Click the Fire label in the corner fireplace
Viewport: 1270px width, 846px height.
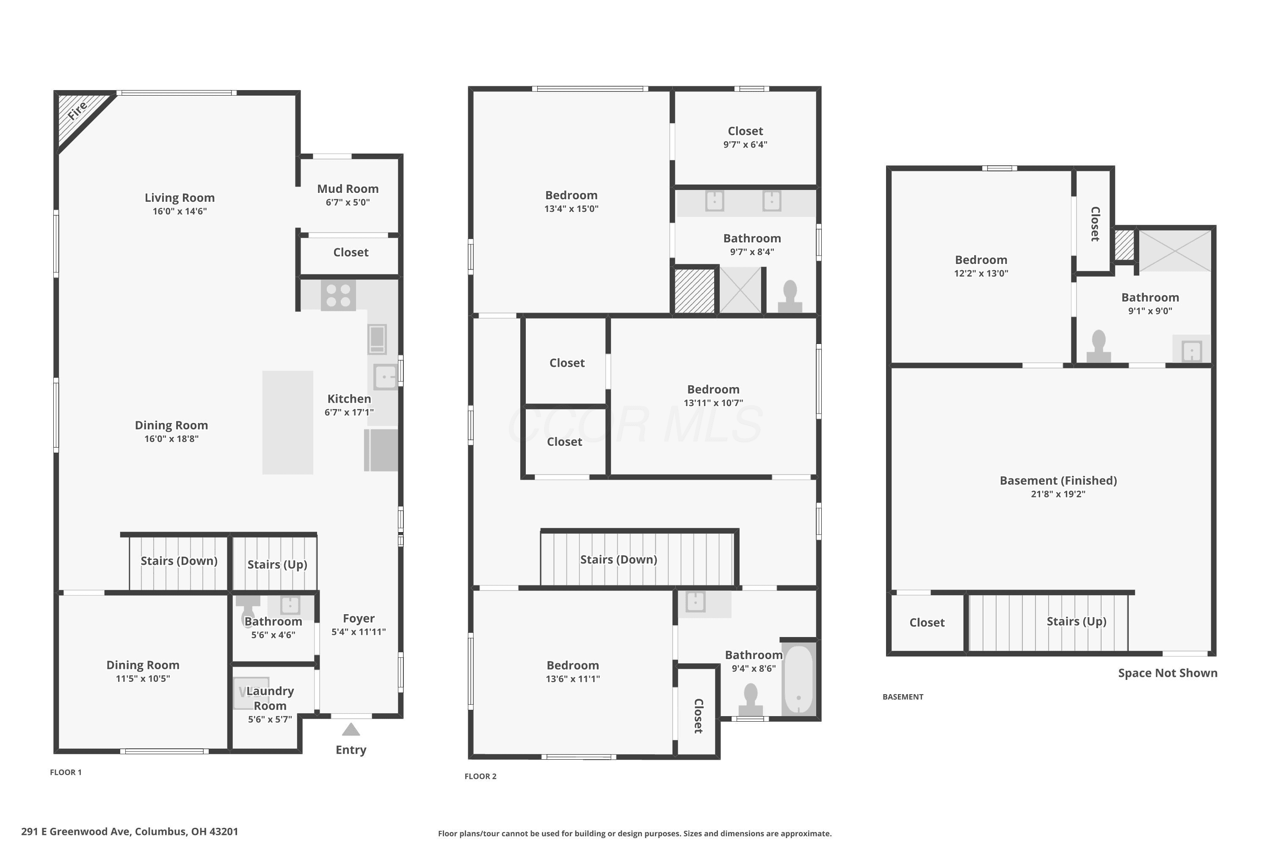(x=77, y=110)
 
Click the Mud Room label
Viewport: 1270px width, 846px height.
(x=348, y=189)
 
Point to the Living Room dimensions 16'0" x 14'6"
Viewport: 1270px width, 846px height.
(x=180, y=211)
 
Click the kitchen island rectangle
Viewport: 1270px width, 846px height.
(x=288, y=423)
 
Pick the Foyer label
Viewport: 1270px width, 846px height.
(x=359, y=618)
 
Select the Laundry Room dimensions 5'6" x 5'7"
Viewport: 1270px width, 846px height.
(x=270, y=719)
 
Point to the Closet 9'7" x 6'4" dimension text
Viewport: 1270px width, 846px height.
(x=745, y=145)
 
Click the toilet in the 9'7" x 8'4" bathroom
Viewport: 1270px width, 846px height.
(x=790, y=296)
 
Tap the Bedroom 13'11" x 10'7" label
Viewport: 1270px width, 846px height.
(x=713, y=390)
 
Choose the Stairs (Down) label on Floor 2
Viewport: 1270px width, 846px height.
(x=619, y=560)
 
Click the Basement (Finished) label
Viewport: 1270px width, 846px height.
(x=1058, y=481)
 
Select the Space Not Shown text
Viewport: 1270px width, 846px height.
(x=1168, y=673)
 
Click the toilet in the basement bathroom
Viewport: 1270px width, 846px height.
(x=1099, y=346)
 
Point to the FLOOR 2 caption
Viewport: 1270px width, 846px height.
(x=480, y=776)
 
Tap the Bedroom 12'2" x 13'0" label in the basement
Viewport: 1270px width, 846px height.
(x=981, y=260)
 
